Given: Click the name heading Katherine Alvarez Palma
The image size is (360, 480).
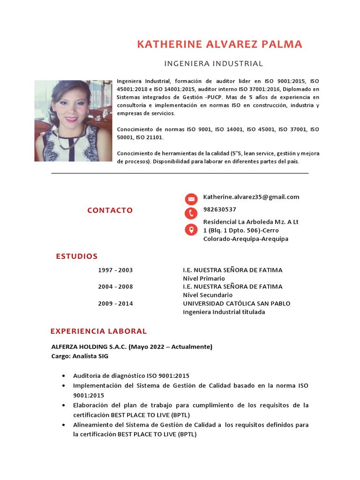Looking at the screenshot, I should click(x=219, y=45).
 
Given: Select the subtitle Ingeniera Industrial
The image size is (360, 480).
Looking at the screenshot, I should click(x=213, y=63).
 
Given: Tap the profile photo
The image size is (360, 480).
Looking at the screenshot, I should click(x=73, y=120).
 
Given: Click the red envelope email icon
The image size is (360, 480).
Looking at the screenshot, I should click(x=191, y=199).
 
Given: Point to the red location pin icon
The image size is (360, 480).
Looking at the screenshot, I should click(x=191, y=230).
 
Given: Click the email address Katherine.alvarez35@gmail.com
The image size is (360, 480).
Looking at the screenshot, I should click(x=251, y=197).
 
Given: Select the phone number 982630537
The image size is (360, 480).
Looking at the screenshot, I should click(x=219, y=210).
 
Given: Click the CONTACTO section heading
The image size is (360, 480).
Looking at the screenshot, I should click(x=110, y=210).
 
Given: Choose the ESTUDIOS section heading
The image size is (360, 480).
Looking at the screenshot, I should click(x=77, y=256).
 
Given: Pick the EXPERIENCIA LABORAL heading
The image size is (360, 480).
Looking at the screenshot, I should click(x=98, y=331).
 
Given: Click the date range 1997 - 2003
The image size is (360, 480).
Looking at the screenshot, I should click(x=115, y=270).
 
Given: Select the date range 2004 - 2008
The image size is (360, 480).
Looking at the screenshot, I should click(x=115, y=287).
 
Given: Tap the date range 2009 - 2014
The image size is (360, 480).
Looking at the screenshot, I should click(x=115, y=304).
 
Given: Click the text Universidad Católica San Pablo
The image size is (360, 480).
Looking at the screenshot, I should click(x=236, y=304).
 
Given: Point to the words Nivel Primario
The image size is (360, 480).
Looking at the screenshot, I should click(x=204, y=279).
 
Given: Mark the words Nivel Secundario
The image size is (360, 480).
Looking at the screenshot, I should click(x=208, y=295).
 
